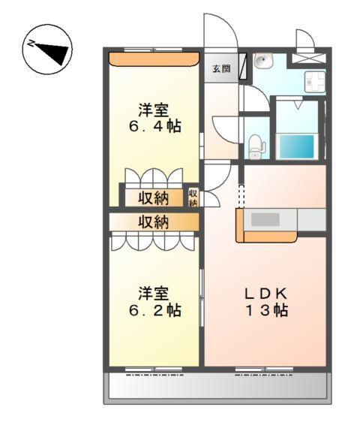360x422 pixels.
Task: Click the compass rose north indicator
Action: point(47,50)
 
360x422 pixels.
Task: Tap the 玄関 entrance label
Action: point(221,69)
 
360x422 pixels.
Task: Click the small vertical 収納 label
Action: point(193,197)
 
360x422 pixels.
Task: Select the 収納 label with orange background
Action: point(153,222)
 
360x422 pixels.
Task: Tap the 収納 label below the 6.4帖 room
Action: point(153,198)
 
